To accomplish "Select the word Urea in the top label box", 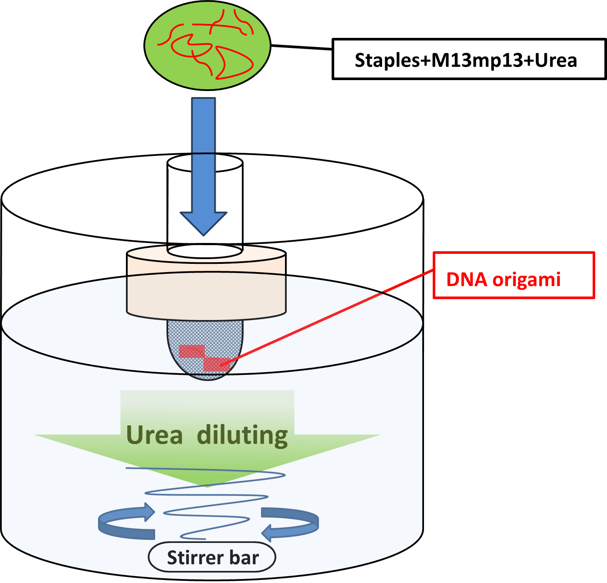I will (556, 60).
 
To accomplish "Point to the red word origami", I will (526, 280).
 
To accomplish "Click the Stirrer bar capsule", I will (212, 557).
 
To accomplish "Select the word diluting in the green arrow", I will (242, 435).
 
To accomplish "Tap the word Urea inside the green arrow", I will (154, 435).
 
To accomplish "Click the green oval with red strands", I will (207, 45).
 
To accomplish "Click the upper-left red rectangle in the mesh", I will (192, 351).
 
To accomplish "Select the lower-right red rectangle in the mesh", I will (217, 365).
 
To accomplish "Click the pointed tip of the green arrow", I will (208, 484).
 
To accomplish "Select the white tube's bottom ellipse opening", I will (205, 251).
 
